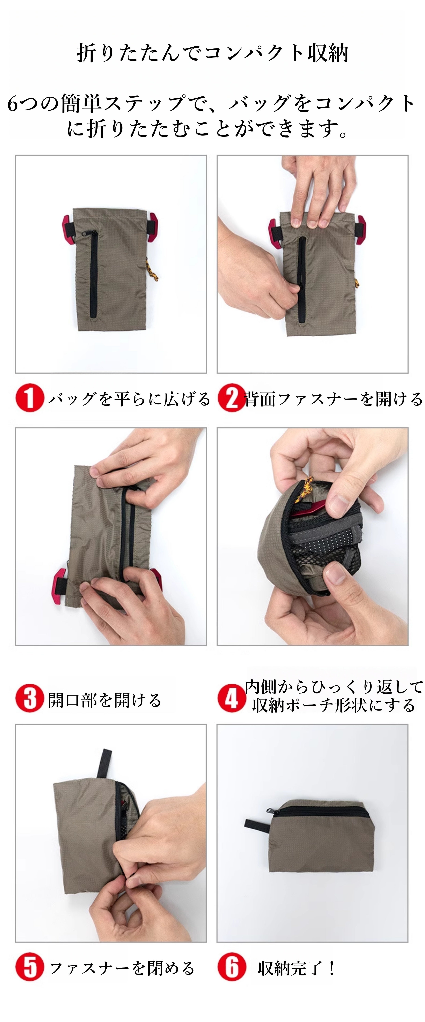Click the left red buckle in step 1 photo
[x=68, y=229]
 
